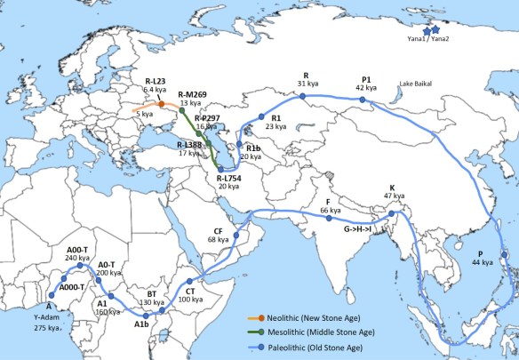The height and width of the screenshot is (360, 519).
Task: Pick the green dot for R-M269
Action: coord(182,112)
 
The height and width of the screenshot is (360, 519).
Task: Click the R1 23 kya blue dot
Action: coord(261,116)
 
